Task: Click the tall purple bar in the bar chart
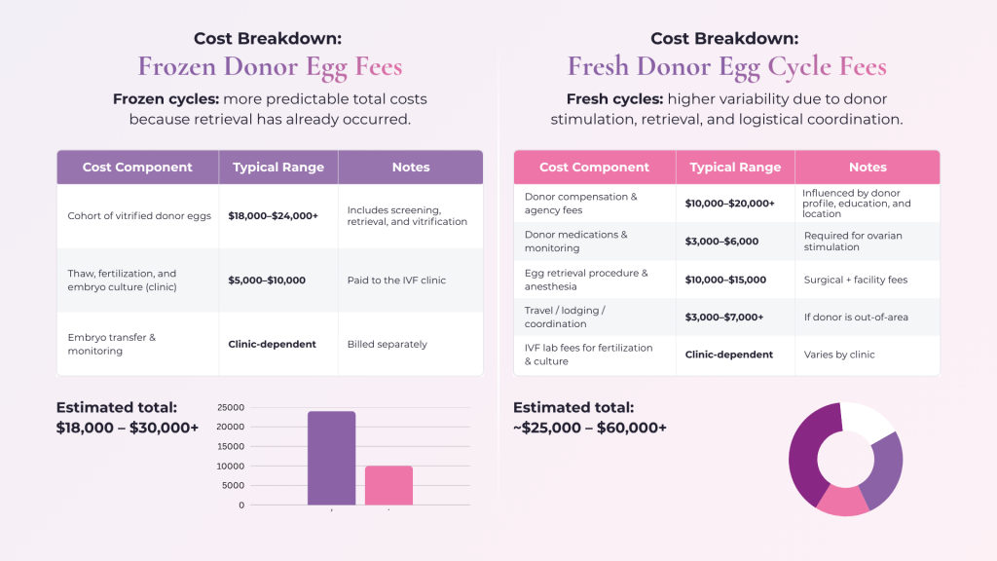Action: [331, 458]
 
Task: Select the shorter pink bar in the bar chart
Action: [388, 485]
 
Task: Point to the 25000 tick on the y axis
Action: [230, 408]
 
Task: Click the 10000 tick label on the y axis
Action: [230, 467]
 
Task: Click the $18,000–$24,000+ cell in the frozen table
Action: [273, 215]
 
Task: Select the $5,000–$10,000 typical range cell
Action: [267, 280]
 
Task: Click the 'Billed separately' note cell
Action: [388, 345]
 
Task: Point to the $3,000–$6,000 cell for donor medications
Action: [722, 242]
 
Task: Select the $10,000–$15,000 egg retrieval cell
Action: [726, 280]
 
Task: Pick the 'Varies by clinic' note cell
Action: [839, 355]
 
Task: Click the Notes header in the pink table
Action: [868, 168]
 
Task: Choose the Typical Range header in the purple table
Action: [278, 168]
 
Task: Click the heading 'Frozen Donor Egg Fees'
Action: [270, 66]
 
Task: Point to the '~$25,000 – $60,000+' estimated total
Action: [590, 428]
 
